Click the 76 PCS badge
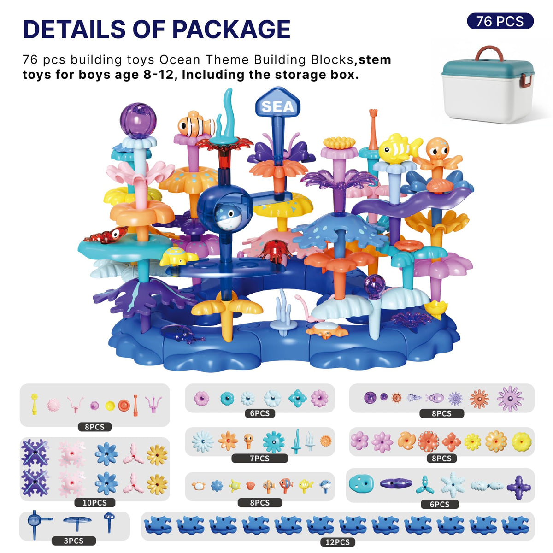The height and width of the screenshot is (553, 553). (x=500, y=21)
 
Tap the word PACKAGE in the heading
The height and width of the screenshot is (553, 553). (x=231, y=29)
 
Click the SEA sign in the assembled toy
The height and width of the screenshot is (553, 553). (x=277, y=104)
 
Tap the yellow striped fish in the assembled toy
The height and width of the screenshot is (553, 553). (x=400, y=148)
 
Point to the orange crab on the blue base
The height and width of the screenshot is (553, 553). (x=327, y=329)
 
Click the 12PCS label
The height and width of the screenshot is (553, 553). (x=337, y=542)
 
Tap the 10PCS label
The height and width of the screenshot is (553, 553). (x=94, y=502)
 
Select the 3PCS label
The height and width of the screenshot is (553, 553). (x=73, y=541)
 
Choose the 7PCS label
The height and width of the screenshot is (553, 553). (x=259, y=458)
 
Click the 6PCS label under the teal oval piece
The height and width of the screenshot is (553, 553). (x=439, y=504)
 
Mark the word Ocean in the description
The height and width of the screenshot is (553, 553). (x=179, y=60)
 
